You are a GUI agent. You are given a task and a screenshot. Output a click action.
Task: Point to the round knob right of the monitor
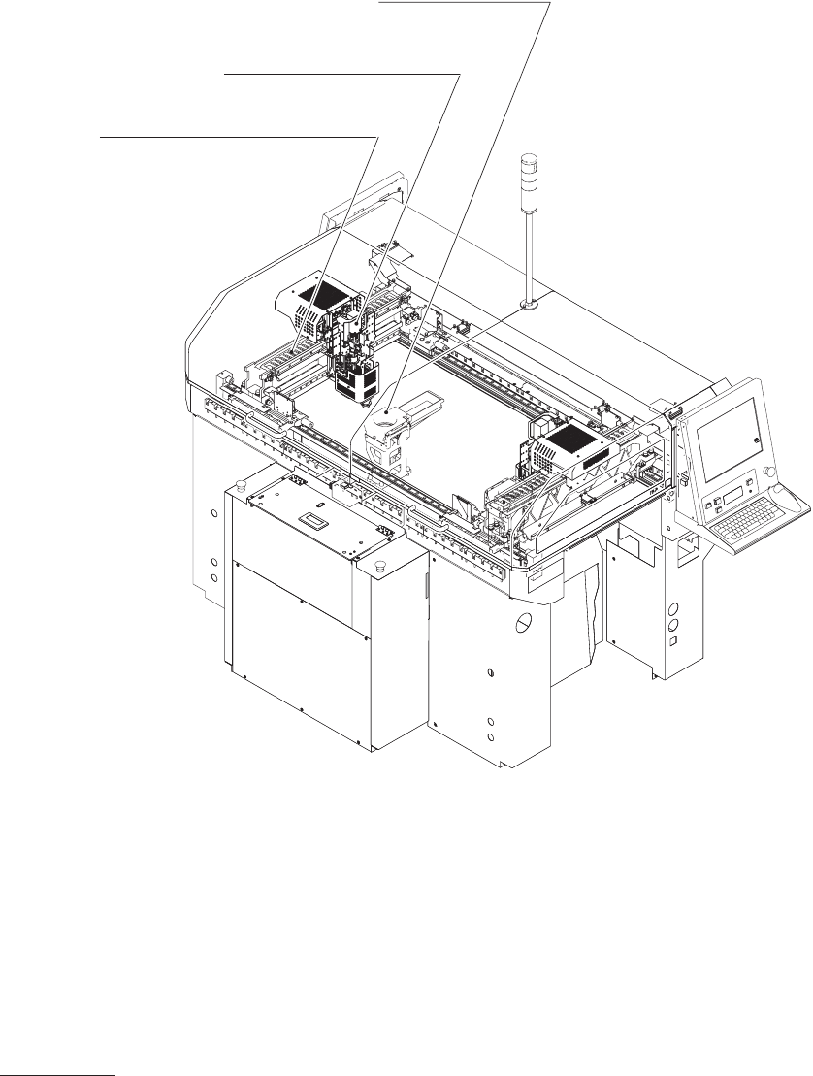769,472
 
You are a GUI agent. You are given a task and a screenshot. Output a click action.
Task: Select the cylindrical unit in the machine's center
387,435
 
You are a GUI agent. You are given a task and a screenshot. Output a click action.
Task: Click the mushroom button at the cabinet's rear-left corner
240,476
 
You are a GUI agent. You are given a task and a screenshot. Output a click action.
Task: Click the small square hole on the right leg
670,644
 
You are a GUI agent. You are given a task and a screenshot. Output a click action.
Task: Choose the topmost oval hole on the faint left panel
213,511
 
